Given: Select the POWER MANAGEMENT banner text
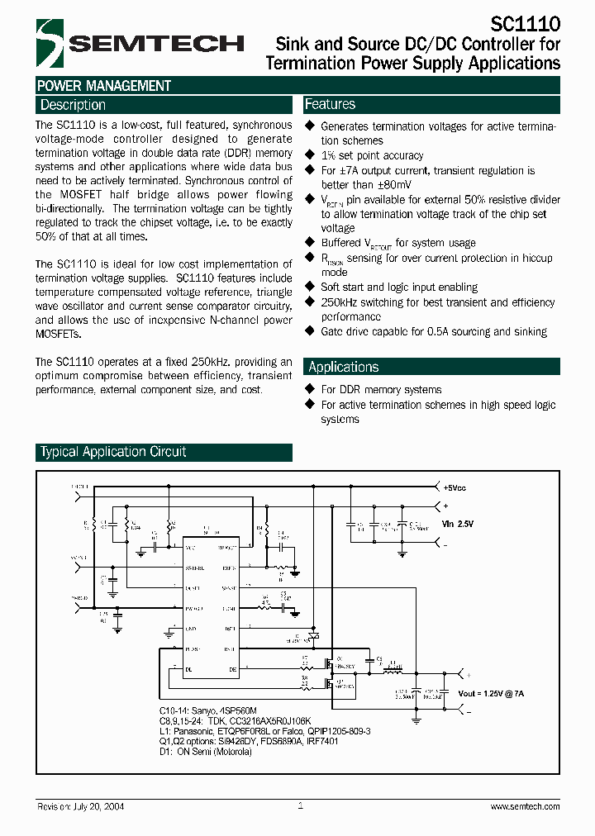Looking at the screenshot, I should (x=103, y=86).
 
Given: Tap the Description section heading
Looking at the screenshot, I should (x=73, y=105).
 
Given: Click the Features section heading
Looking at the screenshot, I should (x=330, y=104).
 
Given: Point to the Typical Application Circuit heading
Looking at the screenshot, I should (x=113, y=452).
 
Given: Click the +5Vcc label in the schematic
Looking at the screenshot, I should (x=455, y=488).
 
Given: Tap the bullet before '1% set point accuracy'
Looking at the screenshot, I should (x=311, y=154).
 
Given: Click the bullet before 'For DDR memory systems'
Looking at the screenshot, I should (x=311, y=389).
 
